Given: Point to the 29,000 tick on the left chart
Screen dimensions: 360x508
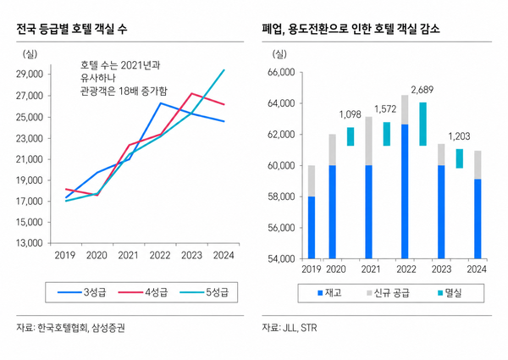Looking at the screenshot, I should point(30,75).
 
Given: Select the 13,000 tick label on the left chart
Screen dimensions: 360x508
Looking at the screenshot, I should point(30,244).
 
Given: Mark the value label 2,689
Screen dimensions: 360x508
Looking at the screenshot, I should point(422,90).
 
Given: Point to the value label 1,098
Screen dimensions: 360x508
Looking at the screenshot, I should point(351,114).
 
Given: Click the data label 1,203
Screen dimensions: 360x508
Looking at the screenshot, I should point(460,136).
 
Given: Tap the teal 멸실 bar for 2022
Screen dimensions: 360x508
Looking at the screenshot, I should point(422,124).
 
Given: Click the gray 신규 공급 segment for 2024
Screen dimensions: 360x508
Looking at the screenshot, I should point(478,164).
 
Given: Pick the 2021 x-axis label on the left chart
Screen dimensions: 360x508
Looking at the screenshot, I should point(128,254).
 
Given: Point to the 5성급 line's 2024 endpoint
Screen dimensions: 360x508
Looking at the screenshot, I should point(224,70).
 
